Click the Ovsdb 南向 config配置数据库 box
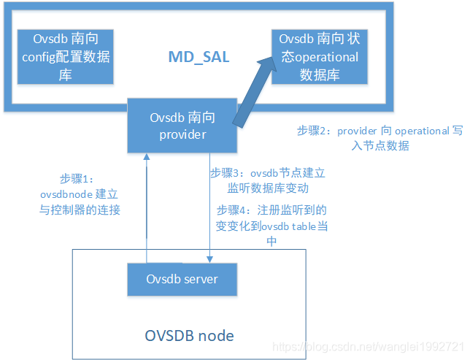66,56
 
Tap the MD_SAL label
199,56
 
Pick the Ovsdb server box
182,279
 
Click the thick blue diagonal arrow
258,91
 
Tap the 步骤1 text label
75,179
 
